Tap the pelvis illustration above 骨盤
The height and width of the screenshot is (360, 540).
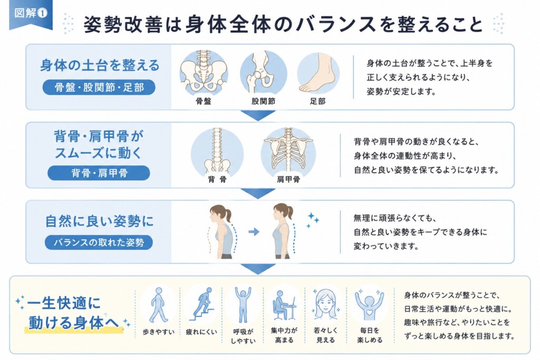(x=204, y=72)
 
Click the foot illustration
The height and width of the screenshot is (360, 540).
(x=318, y=73)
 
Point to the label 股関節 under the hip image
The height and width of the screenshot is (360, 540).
(x=263, y=101)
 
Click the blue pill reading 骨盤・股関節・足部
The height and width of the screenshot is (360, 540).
(x=99, y=87)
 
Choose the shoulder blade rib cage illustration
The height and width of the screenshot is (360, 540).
(x=288, y=151)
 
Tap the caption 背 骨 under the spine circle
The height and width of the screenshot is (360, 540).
(x=217, y=179)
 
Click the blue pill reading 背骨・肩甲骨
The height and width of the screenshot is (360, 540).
(x=99, y=173)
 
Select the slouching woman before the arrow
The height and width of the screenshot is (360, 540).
(x=222, y=231)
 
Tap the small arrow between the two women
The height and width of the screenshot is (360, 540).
(x=254, y=231)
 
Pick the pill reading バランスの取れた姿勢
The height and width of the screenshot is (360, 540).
(x=99, y=242)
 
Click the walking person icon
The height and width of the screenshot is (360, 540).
(x=158, y=305)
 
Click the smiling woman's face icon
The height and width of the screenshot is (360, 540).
(x=325, y=304)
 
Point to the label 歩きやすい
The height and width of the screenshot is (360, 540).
(x=158, y=332)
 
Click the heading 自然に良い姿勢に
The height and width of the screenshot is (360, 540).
(x=99, y=221)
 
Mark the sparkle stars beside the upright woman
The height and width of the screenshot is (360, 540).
(x=313, y=220)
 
